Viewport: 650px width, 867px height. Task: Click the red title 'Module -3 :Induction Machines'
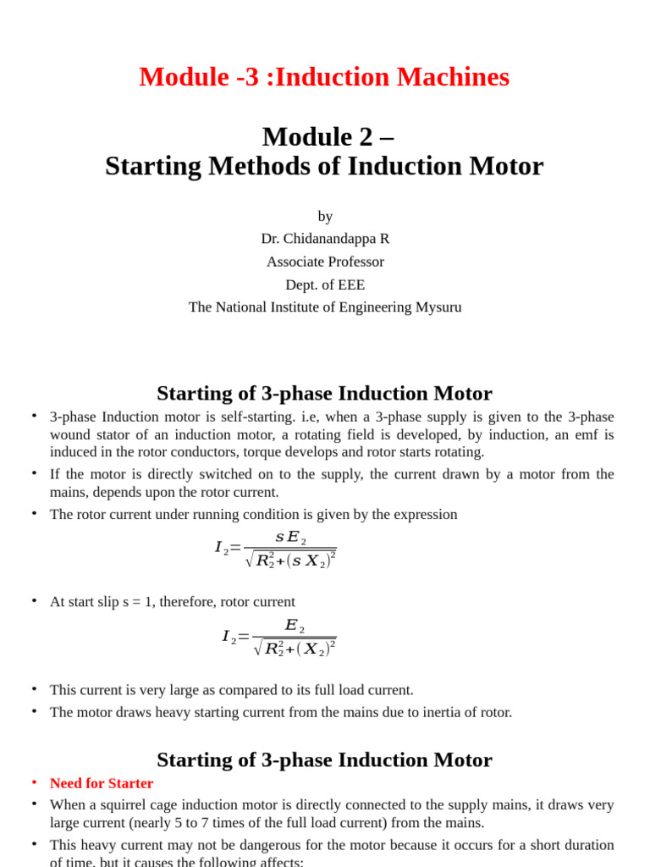324,77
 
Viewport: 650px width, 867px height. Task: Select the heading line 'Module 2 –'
328,136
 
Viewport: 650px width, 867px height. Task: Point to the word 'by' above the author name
325,217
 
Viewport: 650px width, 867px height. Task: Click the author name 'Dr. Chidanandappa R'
325,239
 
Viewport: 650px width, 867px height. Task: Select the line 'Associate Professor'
325,262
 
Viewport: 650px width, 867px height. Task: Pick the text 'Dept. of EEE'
325,284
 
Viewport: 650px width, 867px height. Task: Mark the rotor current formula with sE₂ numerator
276,549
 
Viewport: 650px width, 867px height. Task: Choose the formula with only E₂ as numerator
279,638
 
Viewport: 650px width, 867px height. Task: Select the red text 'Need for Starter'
102,783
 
